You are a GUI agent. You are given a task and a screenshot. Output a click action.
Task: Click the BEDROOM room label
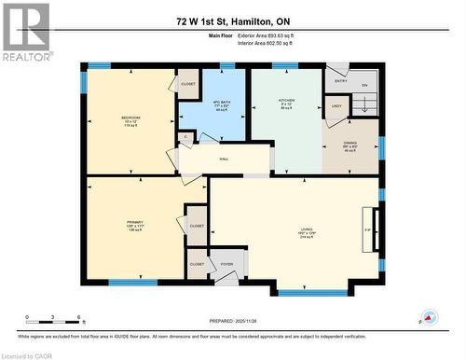131,118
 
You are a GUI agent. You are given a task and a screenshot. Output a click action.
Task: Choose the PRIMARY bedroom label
135,221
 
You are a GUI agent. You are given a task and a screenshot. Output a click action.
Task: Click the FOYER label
226,264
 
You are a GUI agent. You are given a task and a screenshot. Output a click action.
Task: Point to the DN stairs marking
364,85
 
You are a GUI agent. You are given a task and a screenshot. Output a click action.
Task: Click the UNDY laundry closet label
336,107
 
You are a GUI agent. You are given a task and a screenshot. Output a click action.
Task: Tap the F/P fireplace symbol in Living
367,228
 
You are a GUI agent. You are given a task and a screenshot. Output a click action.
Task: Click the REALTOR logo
26,32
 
